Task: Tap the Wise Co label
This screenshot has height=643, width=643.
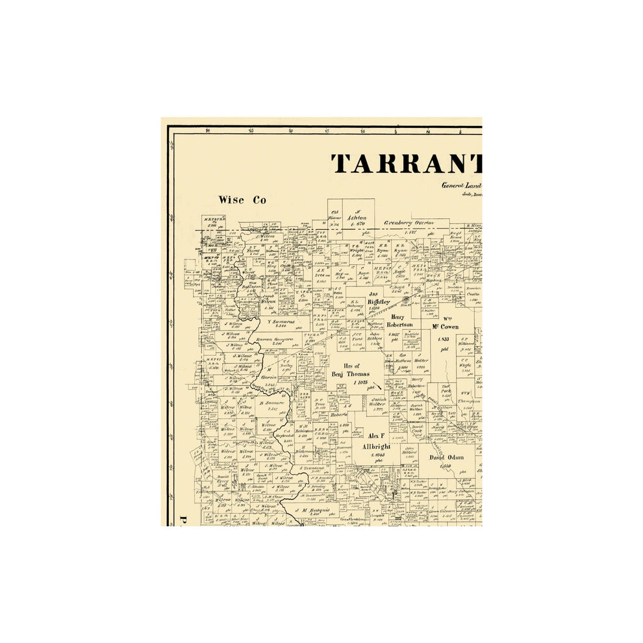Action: tap(242, 200)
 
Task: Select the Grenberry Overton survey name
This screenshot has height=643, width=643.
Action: tap(409, 222)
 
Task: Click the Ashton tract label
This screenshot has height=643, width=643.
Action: tap(357, 218)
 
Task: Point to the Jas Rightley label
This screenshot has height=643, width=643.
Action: tap(379, 297)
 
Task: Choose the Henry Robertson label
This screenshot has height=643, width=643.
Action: tap(400, 321)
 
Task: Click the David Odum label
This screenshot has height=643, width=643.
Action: tap(446, 457)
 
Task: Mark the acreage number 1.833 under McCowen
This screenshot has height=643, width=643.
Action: tap(444, 339)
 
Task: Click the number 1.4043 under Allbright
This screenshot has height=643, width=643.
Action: tap(379, 455)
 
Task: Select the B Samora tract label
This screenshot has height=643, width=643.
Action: tap(271, 403)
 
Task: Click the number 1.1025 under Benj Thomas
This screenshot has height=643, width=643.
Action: tap(360, 383)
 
